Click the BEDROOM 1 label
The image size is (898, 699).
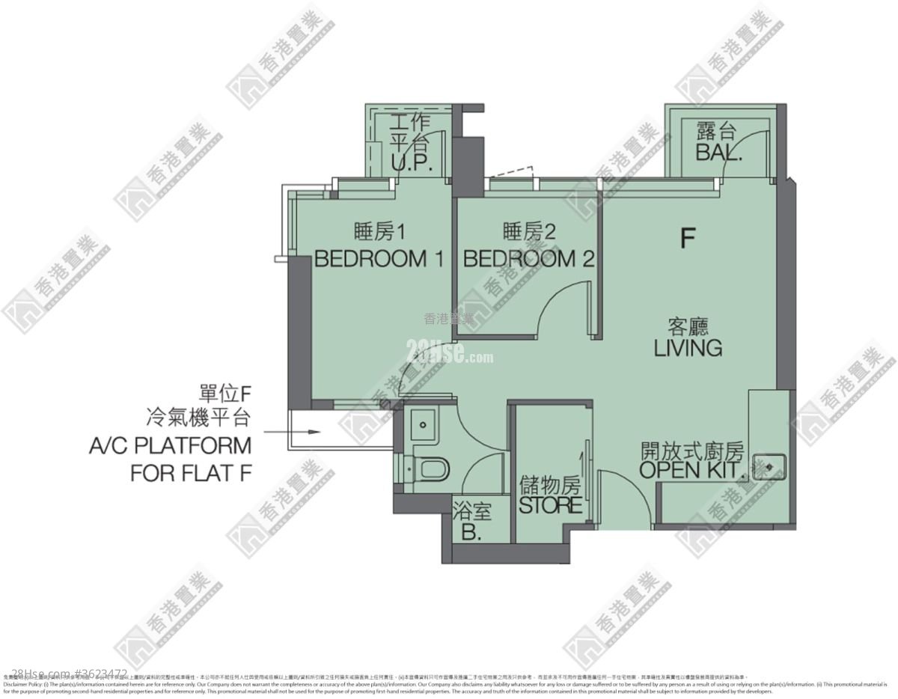click(379, 260)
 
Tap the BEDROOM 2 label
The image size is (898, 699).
click(528, 260)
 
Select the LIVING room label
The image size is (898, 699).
click(688, 348)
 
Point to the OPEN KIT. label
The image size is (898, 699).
click(693, 471)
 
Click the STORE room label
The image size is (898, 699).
click(551, 505)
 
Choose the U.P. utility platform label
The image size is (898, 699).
click(411, 165)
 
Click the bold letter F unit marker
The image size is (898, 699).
click(688, 238)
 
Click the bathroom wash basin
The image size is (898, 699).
click(424, 424)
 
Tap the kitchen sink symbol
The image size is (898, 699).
click(770, 466)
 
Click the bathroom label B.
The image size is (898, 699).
click(471, 533)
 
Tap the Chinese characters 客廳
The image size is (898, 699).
click(688, 327)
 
